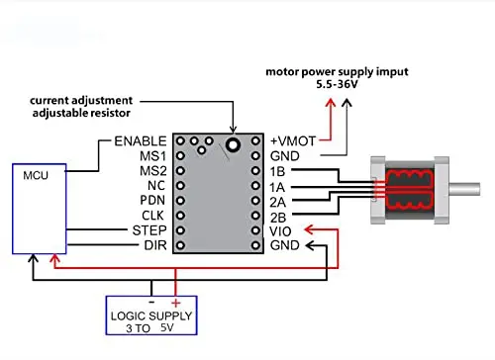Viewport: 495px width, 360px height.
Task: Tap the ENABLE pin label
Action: [140, 141]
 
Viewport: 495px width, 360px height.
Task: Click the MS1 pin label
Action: [152, 156]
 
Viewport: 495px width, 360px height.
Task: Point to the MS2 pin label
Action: [152, 171]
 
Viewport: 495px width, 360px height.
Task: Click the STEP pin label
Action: [149, 230]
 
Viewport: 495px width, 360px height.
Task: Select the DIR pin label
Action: [154, 245]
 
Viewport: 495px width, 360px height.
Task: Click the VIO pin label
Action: [281, 230]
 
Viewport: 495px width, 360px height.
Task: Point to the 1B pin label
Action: [278, 171]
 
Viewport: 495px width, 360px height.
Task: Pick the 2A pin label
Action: [279, 201]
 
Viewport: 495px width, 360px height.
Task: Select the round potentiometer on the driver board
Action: [233, 145]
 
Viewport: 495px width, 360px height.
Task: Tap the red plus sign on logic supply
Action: [175, 302]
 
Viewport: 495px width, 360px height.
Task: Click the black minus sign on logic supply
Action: [150, 301]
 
